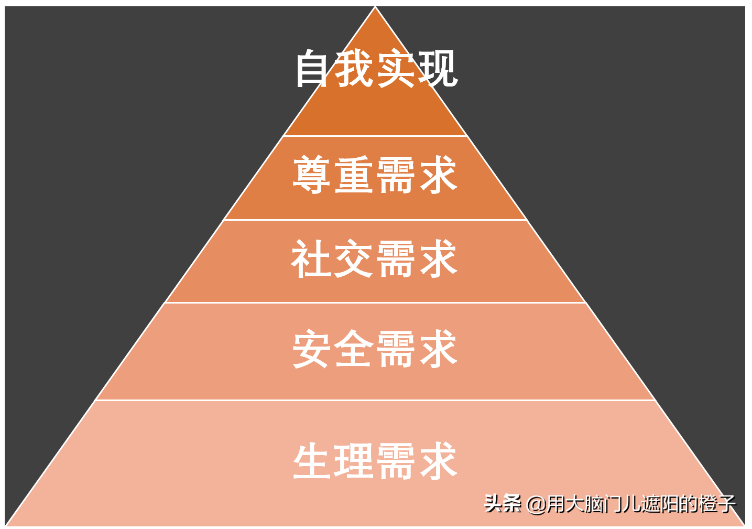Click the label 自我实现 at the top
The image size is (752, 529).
[x=376, y=69]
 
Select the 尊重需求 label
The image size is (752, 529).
[x=375, y=175]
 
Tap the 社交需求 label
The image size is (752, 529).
[x=375, y=258]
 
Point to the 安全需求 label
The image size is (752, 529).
[x=375, y=349]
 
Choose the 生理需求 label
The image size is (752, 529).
[x=375, y=461]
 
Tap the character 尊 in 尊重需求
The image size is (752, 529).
[x=312, y=175]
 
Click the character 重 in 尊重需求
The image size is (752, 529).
[x=354, y=175]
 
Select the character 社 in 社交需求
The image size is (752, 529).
[x=312, y=258]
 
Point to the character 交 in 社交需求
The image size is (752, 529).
[x=354, y=258]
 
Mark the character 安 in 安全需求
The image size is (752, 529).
[x=312, y=349]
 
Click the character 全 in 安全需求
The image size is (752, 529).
[x=354, y=349]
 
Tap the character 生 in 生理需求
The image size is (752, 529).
[x=313, y=461]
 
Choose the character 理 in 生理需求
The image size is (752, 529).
[x=354, y=461]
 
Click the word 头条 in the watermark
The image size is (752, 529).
[x=503, y=504]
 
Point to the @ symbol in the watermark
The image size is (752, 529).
[x=537, y=504]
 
